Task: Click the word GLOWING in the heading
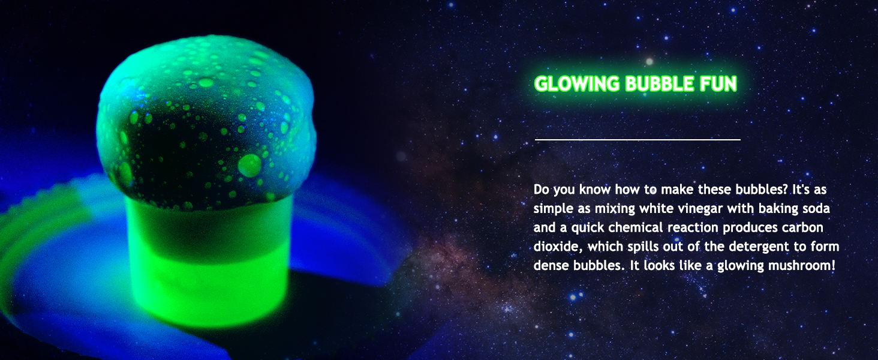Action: point(577,84)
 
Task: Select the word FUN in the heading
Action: point(718,84)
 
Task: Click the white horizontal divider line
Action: point(638,139)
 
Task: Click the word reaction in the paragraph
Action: point(693,227)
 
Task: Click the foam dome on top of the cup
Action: point(206,122)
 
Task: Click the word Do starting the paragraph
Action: point(541,190)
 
